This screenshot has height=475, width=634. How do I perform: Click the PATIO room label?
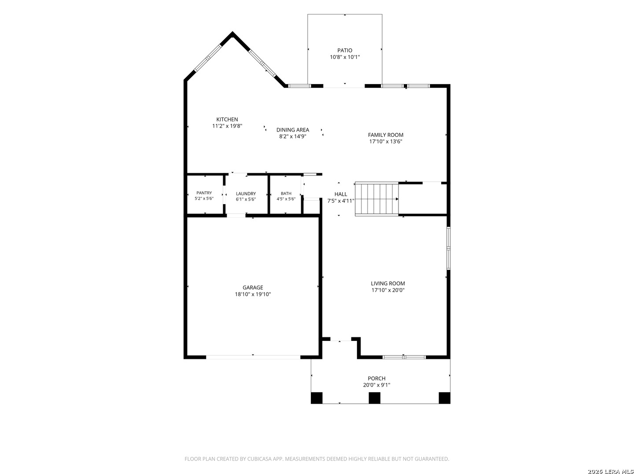(345, 51)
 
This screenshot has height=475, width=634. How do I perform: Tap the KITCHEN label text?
(227, 119)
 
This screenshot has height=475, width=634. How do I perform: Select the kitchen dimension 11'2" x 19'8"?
(227, 126)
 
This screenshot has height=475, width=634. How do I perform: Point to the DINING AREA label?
(293, 130)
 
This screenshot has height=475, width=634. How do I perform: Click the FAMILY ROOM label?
(386, 135)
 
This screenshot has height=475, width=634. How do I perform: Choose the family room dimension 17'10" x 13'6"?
(386, 141)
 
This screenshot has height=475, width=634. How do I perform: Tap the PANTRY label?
(204, 193)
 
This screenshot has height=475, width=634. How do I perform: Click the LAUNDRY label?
(246, 194)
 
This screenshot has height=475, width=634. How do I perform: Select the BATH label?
(286, 194)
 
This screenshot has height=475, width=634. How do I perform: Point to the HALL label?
(341, 194)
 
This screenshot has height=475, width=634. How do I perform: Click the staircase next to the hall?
(376, 199)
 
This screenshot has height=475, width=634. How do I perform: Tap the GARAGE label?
(253, 288)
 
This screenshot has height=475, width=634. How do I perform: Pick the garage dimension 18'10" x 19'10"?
(253, 294)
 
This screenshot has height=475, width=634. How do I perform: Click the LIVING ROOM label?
(387, 284)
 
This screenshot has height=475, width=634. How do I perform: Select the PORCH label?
(376, 378)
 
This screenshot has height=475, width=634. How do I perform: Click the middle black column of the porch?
(374, 398)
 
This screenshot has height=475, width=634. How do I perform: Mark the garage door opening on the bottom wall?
(253, 357)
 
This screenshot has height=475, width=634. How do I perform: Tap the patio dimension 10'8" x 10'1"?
(345, 57)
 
